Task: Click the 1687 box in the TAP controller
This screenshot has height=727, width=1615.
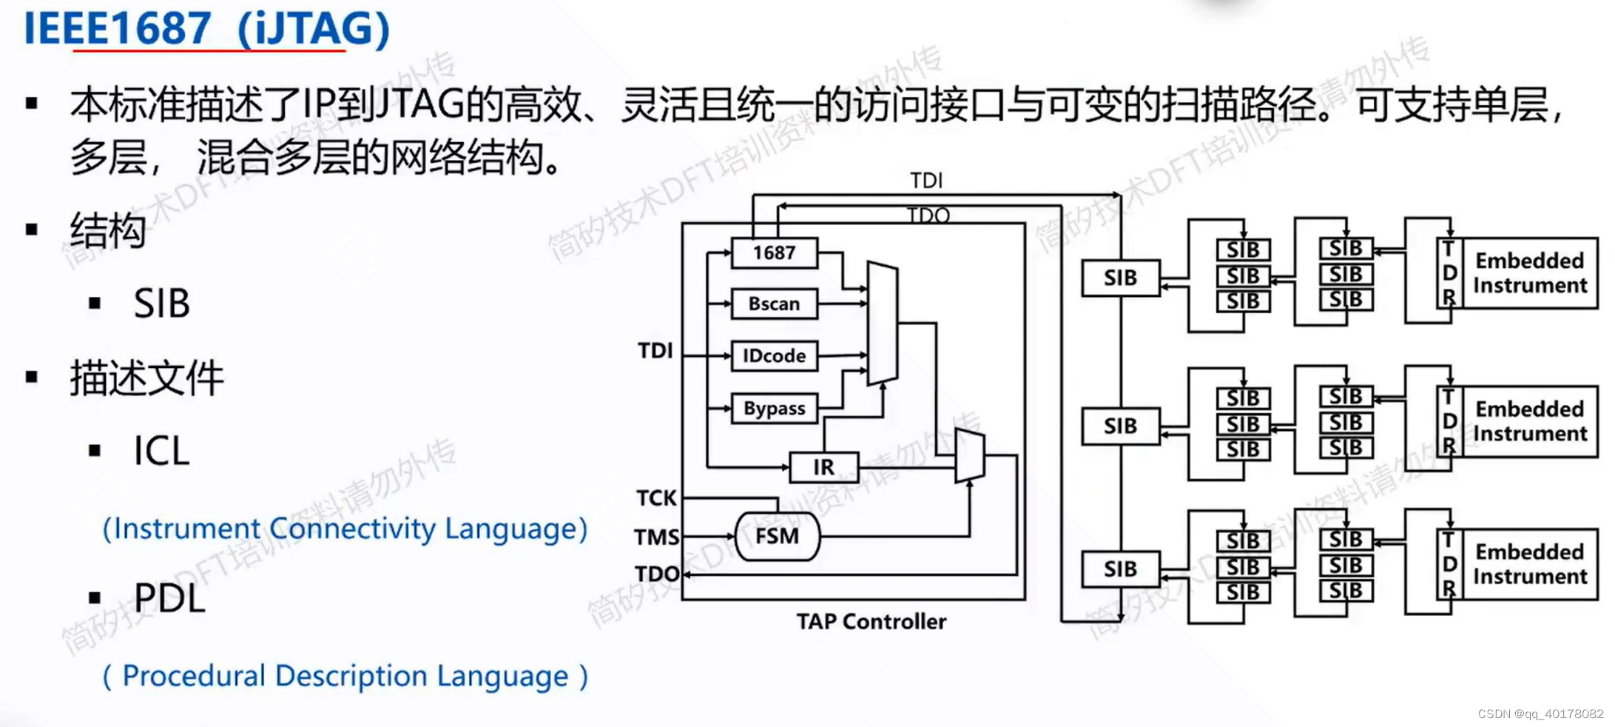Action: pos(774,252)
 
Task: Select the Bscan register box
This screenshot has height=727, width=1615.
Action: pos(774,304)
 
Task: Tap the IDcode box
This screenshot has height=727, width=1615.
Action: pos(774,355)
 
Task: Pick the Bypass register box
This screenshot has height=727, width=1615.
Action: pos(774,408)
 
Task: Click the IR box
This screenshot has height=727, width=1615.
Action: pos(823,467)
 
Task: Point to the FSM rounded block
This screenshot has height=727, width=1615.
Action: pos(777,535)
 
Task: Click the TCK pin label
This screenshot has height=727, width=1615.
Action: pos(656,497)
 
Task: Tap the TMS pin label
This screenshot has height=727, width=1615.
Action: pos(656,536)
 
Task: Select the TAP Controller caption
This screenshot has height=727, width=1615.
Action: pos(871,621)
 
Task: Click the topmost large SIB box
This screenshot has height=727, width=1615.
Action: pos(1120,278)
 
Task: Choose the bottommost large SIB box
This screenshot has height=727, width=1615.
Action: pos(1120,569)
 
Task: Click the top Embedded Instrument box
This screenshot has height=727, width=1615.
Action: pos(1529,272)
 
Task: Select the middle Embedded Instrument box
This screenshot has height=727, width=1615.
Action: pos(1529,421)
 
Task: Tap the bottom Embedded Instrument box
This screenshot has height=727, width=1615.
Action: pos(1529,563)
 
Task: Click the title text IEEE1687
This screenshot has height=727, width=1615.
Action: pos(118,28)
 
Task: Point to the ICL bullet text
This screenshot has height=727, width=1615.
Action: pos(161,450)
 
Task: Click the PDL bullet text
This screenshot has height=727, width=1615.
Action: pos(169,597)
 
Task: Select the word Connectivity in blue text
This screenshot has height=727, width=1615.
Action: pos(352,529)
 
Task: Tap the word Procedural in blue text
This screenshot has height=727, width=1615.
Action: pos(193,675)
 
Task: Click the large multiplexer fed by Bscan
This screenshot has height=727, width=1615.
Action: pos(882,324)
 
